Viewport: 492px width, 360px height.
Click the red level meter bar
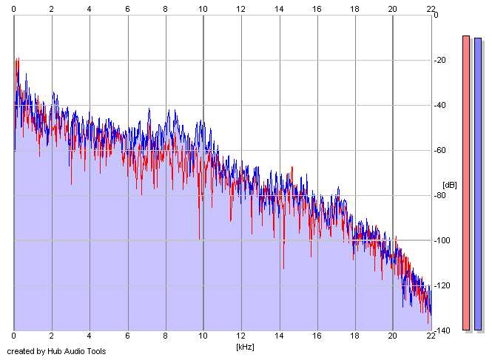click(x=466, y=183)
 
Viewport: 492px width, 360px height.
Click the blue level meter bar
click(x=478, y=184)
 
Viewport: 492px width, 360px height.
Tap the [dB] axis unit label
click(x=450, y=185)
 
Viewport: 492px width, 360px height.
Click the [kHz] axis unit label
click(x=245, y=347)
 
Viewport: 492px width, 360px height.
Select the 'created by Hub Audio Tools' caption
click(x=56, y=351)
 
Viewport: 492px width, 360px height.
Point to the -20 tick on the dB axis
click(x=440, y=60)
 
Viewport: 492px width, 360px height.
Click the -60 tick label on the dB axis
click(x=440, y=150)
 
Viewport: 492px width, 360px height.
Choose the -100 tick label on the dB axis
click(x=442, y=240)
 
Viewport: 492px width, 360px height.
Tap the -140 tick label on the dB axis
click(x=442, y=330)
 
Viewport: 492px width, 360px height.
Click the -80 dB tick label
click(x=440, y=195)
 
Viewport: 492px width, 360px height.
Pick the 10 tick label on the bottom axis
click(x=203, y=336)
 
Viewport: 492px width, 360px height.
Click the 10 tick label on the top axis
click(x=203, y=9)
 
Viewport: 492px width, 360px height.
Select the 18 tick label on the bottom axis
click(x=354, y=336)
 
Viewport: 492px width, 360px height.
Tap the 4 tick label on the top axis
click(x=89, y=9)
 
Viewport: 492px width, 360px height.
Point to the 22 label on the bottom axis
click(x=431, y=336)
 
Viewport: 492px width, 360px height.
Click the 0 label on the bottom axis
click(x=13, y=336)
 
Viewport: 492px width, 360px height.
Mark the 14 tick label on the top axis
click(x=279, y=9)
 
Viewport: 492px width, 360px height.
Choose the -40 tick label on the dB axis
click(x=440, y=106)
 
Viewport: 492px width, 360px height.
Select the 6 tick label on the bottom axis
click(x=127, y=336)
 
